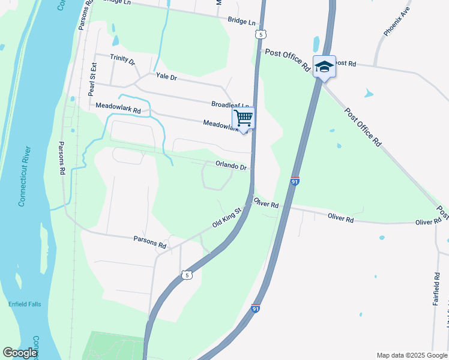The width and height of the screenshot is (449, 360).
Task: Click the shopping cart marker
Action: (x=243, y=118)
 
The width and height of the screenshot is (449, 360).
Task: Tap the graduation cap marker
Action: (x=324, y=67)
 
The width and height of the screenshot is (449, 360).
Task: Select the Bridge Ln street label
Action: (x=242, y=22)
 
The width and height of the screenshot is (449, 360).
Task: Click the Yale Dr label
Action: (x=166, y=77)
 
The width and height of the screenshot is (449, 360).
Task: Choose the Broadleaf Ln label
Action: (x=230, y=104)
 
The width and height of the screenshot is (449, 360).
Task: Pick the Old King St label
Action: (x=226, y=217)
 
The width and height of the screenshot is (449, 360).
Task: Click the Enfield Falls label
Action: (x=25, y=304)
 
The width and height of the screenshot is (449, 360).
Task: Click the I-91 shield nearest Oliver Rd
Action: (x=294, y=181)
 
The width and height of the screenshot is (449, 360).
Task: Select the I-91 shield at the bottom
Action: (x=256, y=308)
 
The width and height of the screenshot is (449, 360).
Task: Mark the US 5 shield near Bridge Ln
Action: (x=259, y=35)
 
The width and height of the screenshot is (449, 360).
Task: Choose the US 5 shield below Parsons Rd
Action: (x=187, y=275)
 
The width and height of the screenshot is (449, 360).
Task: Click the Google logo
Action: (x=20, y=353)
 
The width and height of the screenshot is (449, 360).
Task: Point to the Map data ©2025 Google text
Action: (x=411, y=355)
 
